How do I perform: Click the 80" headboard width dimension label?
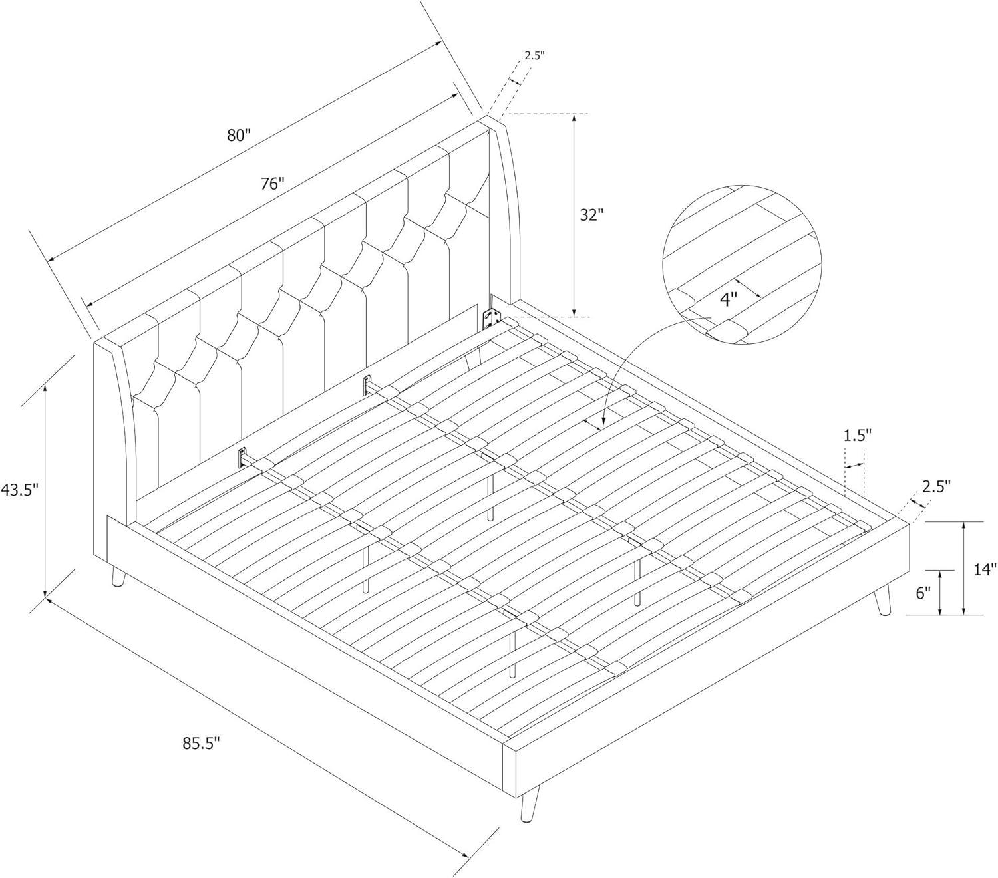(239, 135)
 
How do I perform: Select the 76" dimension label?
(273, 183)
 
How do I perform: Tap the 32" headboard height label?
(591, 215)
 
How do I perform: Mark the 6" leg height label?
(923, 593)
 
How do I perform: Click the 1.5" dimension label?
(858, 435)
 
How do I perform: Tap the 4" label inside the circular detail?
(728, 299)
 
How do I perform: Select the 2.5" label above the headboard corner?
(534, 55)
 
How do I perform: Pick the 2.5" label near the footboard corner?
(936, 487)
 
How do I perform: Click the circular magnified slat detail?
(743, 265)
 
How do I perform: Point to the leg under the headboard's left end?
(118, 575)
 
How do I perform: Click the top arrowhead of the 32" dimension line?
(574, 118)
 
